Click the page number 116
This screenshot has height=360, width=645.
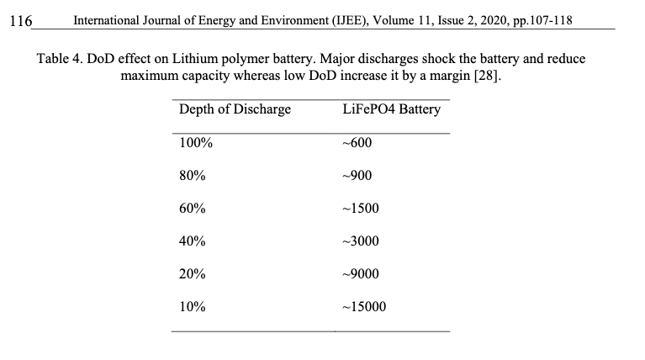[20, 21]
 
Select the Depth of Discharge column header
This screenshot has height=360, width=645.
[235, 109]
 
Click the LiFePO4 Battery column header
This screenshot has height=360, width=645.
[392, 109]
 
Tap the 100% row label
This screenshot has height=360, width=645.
[196, 143]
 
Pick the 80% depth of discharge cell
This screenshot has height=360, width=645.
[192, 176]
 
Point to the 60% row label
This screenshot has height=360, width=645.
[192, 209]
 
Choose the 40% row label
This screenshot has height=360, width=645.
[192, 241]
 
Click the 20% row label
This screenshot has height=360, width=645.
[192, 274]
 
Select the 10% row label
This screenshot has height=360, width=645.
[192, 306]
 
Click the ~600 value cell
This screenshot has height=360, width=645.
[357, 143]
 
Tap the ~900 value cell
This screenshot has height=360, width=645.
[357, 176]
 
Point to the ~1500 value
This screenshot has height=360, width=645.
[361, 209]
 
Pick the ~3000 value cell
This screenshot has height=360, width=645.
[361, 241]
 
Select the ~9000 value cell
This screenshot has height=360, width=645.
[361, 274]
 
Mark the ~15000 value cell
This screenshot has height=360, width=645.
[364, 306]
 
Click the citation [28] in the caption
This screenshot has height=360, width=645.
[488, 76]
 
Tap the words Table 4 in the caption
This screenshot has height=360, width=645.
[60, 58]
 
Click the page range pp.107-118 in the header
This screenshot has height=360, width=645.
[542, 20]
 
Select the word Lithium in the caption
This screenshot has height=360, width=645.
[194, 58]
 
